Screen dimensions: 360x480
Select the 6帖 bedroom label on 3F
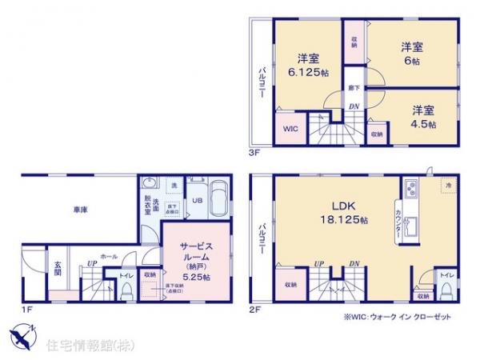click(x=411, y=54)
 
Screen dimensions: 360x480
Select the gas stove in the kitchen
click(x=411, y=190)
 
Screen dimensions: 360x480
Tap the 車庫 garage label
click(x=79, y=210)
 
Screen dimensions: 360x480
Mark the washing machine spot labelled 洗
click(x=174, y=185)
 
